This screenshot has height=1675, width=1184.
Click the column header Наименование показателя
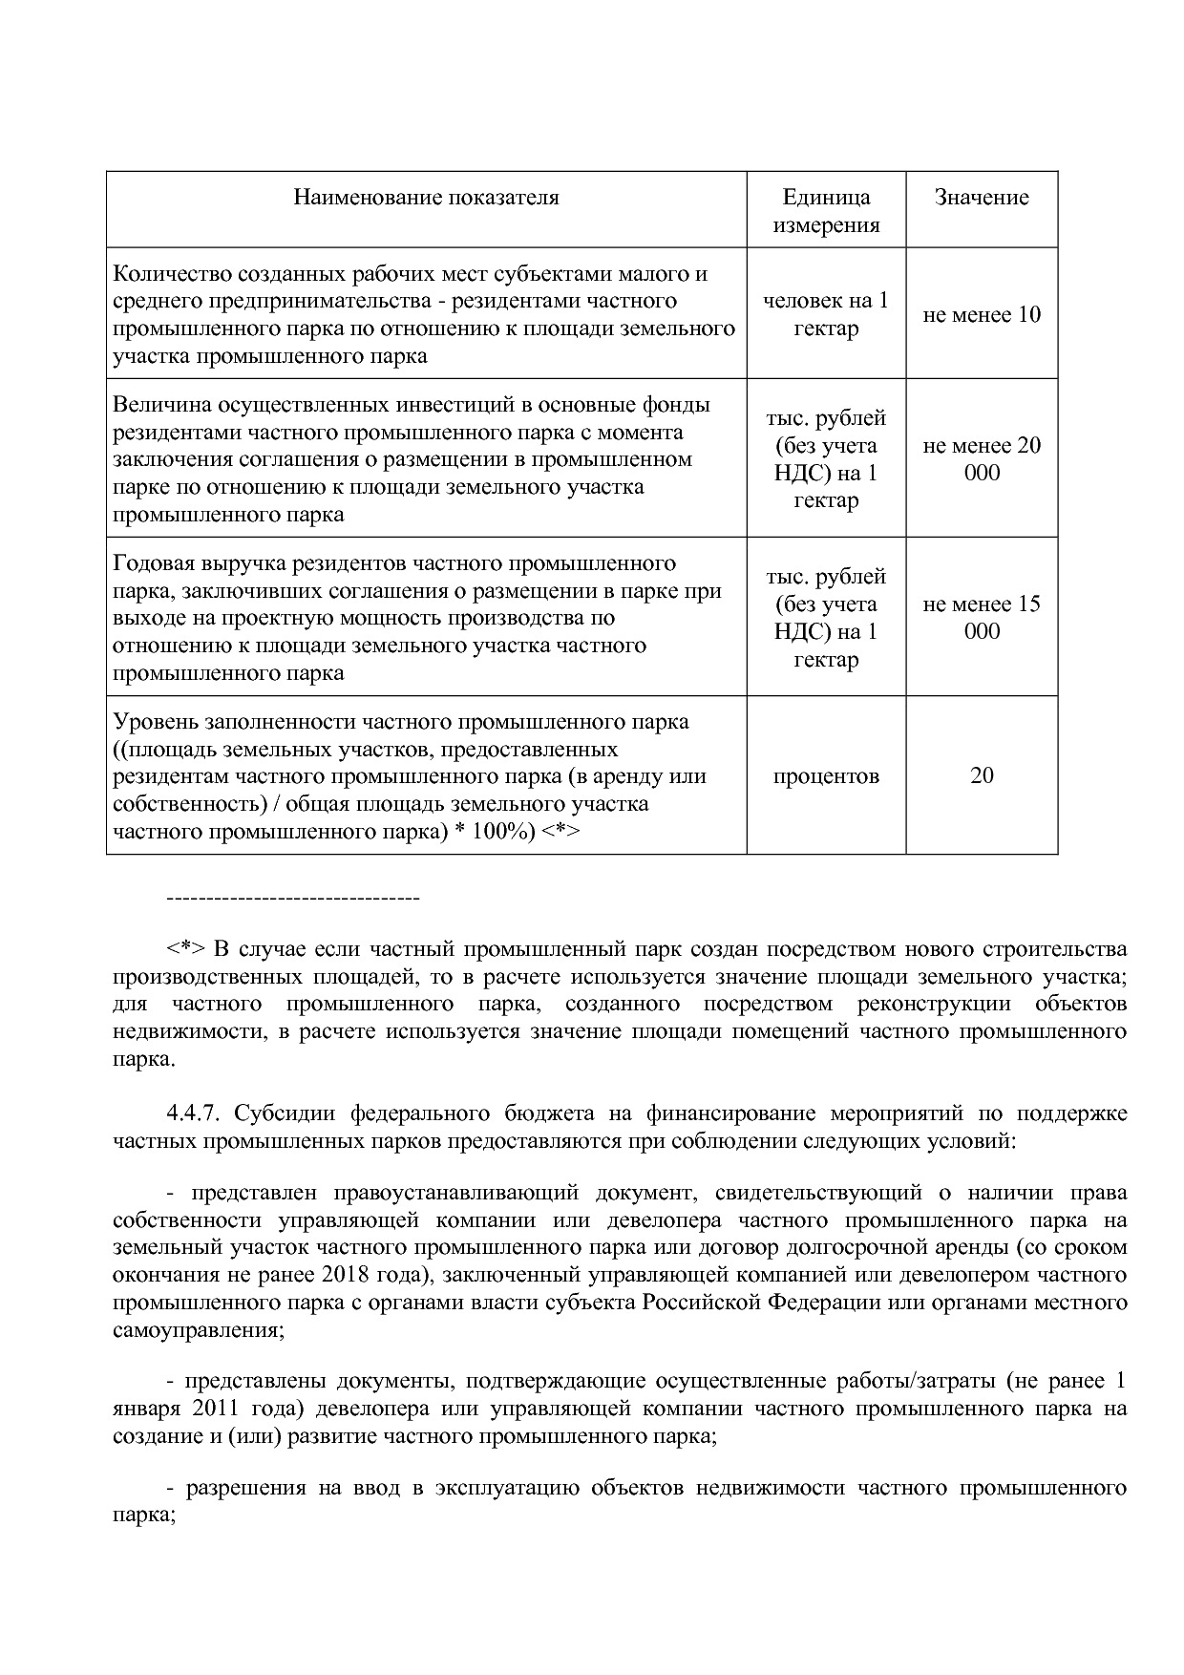(426, 198)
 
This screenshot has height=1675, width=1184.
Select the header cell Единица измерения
(826, 211)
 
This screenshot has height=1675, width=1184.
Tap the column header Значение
(982, 198)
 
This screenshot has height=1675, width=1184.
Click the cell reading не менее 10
(982, 315)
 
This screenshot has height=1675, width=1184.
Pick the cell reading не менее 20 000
(982, 459)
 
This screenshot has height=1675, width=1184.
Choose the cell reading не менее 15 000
(982, 618)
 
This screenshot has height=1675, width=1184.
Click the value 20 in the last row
(982, 775)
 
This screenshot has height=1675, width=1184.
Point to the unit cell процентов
(826, 775)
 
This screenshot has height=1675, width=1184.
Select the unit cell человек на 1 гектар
(826, 314)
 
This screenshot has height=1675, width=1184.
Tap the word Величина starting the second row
(157, 405)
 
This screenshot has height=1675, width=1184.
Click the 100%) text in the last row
(503, 832)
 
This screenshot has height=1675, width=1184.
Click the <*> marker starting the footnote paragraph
(186, 949)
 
